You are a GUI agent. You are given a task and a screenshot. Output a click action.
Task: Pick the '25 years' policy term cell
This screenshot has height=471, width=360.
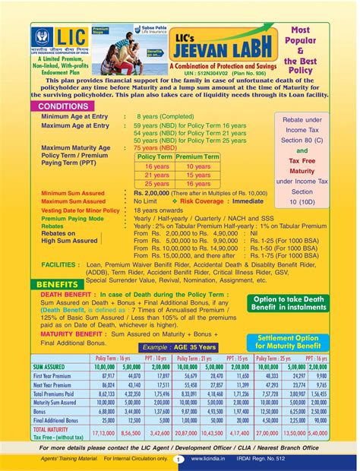(156, 184)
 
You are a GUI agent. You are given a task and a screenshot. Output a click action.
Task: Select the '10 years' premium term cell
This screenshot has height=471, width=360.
(197, 165)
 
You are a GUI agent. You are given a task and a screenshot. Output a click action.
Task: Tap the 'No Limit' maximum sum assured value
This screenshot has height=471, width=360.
(149, 201)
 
